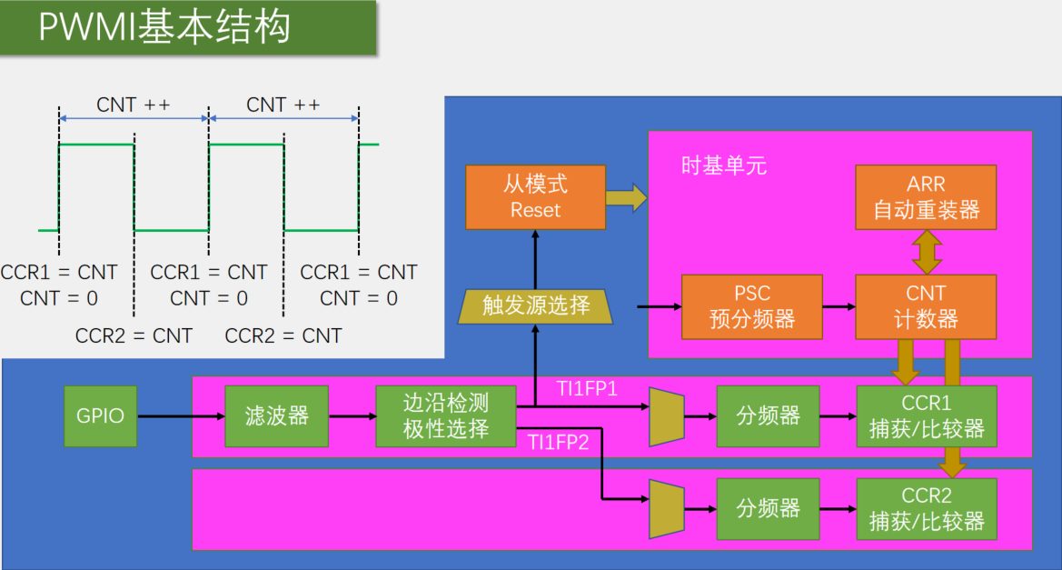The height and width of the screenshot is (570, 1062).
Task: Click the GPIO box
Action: point(100,416)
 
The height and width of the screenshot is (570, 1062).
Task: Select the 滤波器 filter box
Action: point(276,416)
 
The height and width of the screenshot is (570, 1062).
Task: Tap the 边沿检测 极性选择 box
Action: point(446,416)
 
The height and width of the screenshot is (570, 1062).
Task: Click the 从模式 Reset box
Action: point(535,197)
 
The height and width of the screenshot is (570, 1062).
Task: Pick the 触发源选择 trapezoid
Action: point(535,306)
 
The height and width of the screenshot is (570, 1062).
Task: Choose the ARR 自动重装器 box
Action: point(926,197)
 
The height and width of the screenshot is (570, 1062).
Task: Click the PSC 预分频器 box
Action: point(752,307)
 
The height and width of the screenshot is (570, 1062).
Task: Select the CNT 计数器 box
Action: point(926,307)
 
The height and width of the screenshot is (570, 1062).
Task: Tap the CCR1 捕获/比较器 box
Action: point(927,416)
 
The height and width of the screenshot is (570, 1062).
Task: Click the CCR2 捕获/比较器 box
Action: point(927,509)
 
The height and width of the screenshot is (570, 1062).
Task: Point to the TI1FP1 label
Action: point(587,389)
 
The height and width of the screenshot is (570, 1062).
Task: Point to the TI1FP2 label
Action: point(558,443)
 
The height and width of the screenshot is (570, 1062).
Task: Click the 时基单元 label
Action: point(723,166)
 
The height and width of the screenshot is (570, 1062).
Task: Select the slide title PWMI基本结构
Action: point(164,27)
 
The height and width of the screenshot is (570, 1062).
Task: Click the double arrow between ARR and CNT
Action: point(927,252)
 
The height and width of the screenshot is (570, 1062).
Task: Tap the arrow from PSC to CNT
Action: point(839,307)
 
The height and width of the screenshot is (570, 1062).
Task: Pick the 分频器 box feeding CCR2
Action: point(768,509)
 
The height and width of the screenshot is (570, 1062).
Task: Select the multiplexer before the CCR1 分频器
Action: point(667,417)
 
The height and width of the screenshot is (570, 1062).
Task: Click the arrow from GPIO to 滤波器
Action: point(181,416)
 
